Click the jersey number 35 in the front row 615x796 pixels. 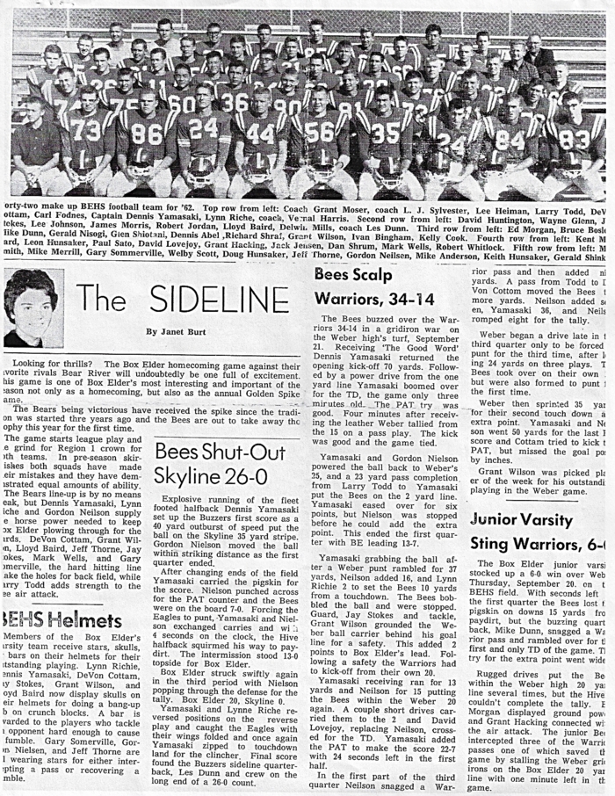click(x=384, y=133)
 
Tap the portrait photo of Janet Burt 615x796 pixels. click(x=34, y=308)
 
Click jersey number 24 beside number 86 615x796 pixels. click(x=203, y=128)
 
